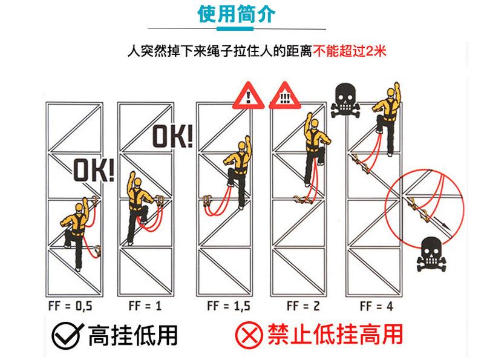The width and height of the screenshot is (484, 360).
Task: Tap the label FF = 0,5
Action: [x=70, y=306]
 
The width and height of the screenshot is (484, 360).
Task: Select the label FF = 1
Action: [x=143, y=306]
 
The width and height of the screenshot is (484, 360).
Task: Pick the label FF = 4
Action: [x=376, y=306]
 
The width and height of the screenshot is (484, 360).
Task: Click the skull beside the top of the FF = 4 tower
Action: [x=347, y=100]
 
